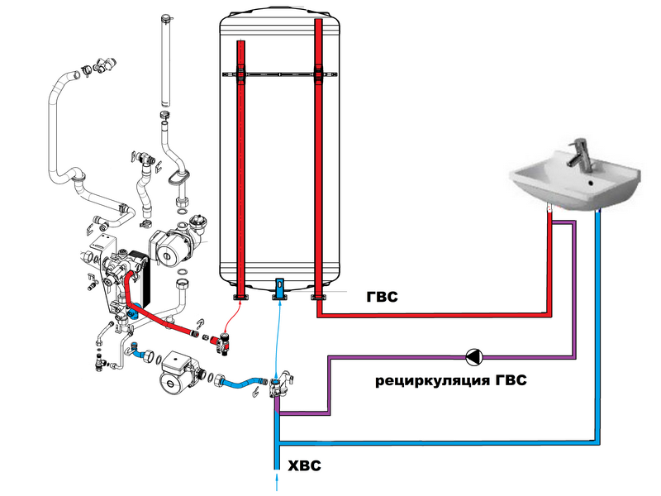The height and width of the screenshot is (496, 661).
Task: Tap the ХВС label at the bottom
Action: point(303,467)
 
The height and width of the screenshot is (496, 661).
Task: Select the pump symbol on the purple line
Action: point(475,357)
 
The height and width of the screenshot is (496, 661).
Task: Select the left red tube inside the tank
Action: point(240,165)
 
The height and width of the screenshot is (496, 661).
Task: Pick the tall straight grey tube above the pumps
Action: point(165,58)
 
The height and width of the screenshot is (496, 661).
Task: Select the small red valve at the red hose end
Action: point(221,341)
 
